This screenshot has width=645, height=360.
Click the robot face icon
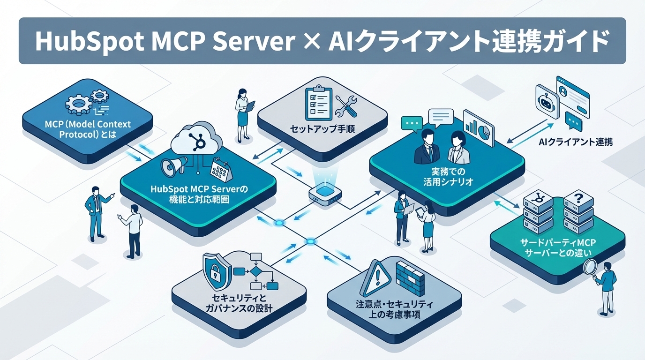(x=546, y=99)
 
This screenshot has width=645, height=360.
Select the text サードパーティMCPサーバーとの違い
(x=556, y=247)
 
